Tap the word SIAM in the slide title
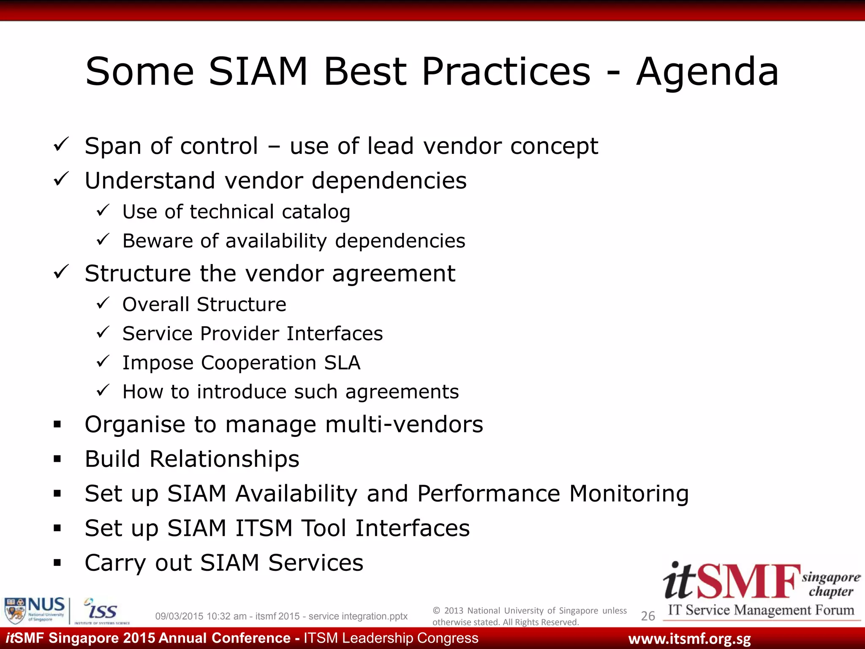[x=258, y=72]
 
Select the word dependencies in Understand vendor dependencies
[x=389, y=181]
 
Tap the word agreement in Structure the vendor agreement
[x=394, y=274]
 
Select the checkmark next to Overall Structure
[x=103, y=303]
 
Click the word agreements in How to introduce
[x=402, y=392]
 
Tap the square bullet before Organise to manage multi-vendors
[x=57, y=424]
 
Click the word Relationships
[x=224, y=459]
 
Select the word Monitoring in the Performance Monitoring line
[x=629, y=494]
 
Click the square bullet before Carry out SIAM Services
[x=57, y=563]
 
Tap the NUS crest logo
[x=15, y=610]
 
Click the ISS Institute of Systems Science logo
[x=101, y=611]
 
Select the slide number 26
[x=647, y=616]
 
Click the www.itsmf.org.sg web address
[x=689, y=639]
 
